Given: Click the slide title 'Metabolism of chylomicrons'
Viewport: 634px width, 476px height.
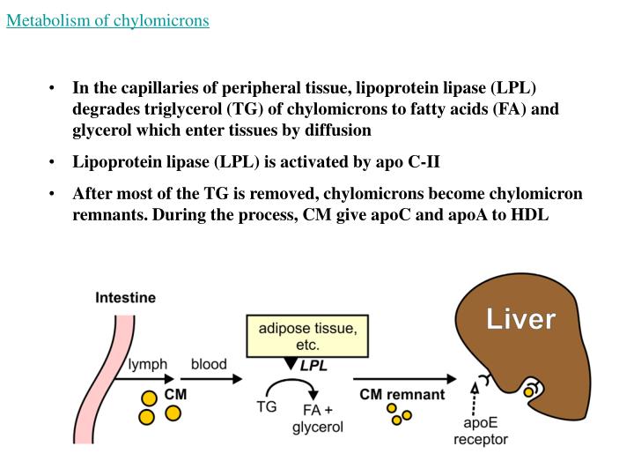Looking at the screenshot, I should [x=107, y=19].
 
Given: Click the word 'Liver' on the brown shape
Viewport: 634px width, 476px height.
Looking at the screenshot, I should [x=521, y=318].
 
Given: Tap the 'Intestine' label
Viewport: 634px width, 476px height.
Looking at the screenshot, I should [x=125, y=297].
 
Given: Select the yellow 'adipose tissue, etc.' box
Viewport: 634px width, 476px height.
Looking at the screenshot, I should [x=307, y=336].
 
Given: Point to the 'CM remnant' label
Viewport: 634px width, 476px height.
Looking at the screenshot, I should [x=402, y=395].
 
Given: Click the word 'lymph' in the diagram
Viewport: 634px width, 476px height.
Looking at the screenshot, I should [x=148, y=364].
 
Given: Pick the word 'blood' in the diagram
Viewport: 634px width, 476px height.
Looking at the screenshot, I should [x=209, y=364].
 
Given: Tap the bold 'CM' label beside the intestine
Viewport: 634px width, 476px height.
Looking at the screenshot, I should [x=175, y=395].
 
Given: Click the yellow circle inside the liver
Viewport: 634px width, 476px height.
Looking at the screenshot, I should [x=529, y=391].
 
